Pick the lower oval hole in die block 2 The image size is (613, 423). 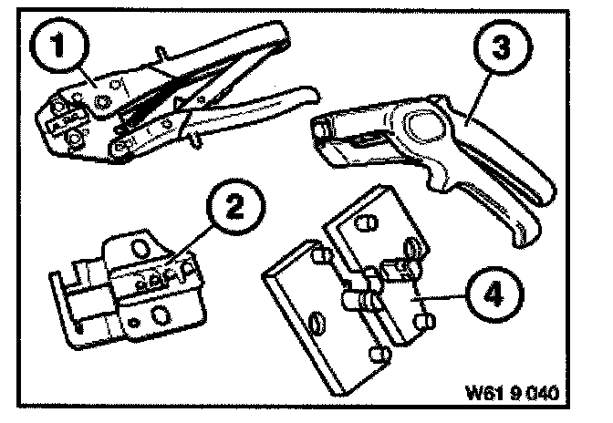tap(160, 315)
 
